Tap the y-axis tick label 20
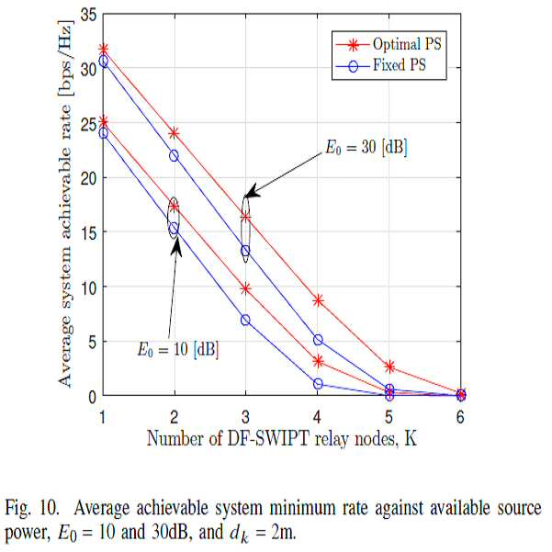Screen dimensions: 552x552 pos(88,178)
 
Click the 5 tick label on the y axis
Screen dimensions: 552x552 pos(92,342)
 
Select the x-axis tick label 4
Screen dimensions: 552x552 pos(317,417)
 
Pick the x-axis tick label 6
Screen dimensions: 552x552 pos(460,417)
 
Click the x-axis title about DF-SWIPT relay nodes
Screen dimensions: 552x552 pos(282,439)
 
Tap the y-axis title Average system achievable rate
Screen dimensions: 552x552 pos(65,204)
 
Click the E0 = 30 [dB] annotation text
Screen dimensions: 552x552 pos(366,147)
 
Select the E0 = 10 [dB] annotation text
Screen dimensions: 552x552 pos(178,349)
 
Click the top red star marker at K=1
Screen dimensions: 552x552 pos(104,50)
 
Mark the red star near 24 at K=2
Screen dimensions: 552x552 pos(174,133)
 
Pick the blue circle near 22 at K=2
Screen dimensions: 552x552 pos(174,155)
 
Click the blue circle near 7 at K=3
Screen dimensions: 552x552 pos(245,320)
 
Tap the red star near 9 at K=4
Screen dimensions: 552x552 pos(318,300)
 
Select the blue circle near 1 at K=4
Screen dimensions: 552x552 pos(318,384)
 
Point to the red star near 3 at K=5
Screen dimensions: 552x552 pos(389,366)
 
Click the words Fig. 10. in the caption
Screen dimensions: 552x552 pos(31,508)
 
